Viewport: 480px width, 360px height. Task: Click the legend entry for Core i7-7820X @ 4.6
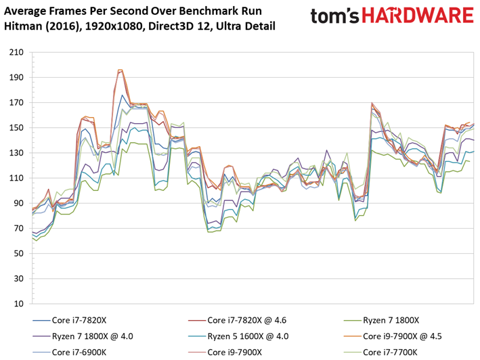click(237, 320)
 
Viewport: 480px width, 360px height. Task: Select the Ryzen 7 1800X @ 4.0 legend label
click(83, 336)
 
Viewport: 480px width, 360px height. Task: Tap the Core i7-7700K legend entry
click(380, 353)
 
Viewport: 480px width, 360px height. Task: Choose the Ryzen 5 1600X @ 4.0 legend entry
click(238, 336)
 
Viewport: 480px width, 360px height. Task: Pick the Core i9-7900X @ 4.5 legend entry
click(393, 336)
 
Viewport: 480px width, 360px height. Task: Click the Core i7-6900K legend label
click(70, 353)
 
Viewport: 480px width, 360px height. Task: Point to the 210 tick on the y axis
click(16, 52)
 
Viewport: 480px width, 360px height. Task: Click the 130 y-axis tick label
click(16, 153)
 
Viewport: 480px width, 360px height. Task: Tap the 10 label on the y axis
click(19, 304)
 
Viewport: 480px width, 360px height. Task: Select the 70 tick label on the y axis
click(19, 228)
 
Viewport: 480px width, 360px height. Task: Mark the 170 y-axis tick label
click(16, 102)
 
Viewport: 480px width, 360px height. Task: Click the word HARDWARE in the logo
click(418, 16)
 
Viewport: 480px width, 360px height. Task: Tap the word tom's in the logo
click(334, 16)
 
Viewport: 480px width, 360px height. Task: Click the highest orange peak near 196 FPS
click(120, 70)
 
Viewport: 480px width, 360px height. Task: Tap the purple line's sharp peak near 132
click(326, 150)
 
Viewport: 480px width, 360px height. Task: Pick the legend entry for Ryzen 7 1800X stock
click(381, 320)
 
